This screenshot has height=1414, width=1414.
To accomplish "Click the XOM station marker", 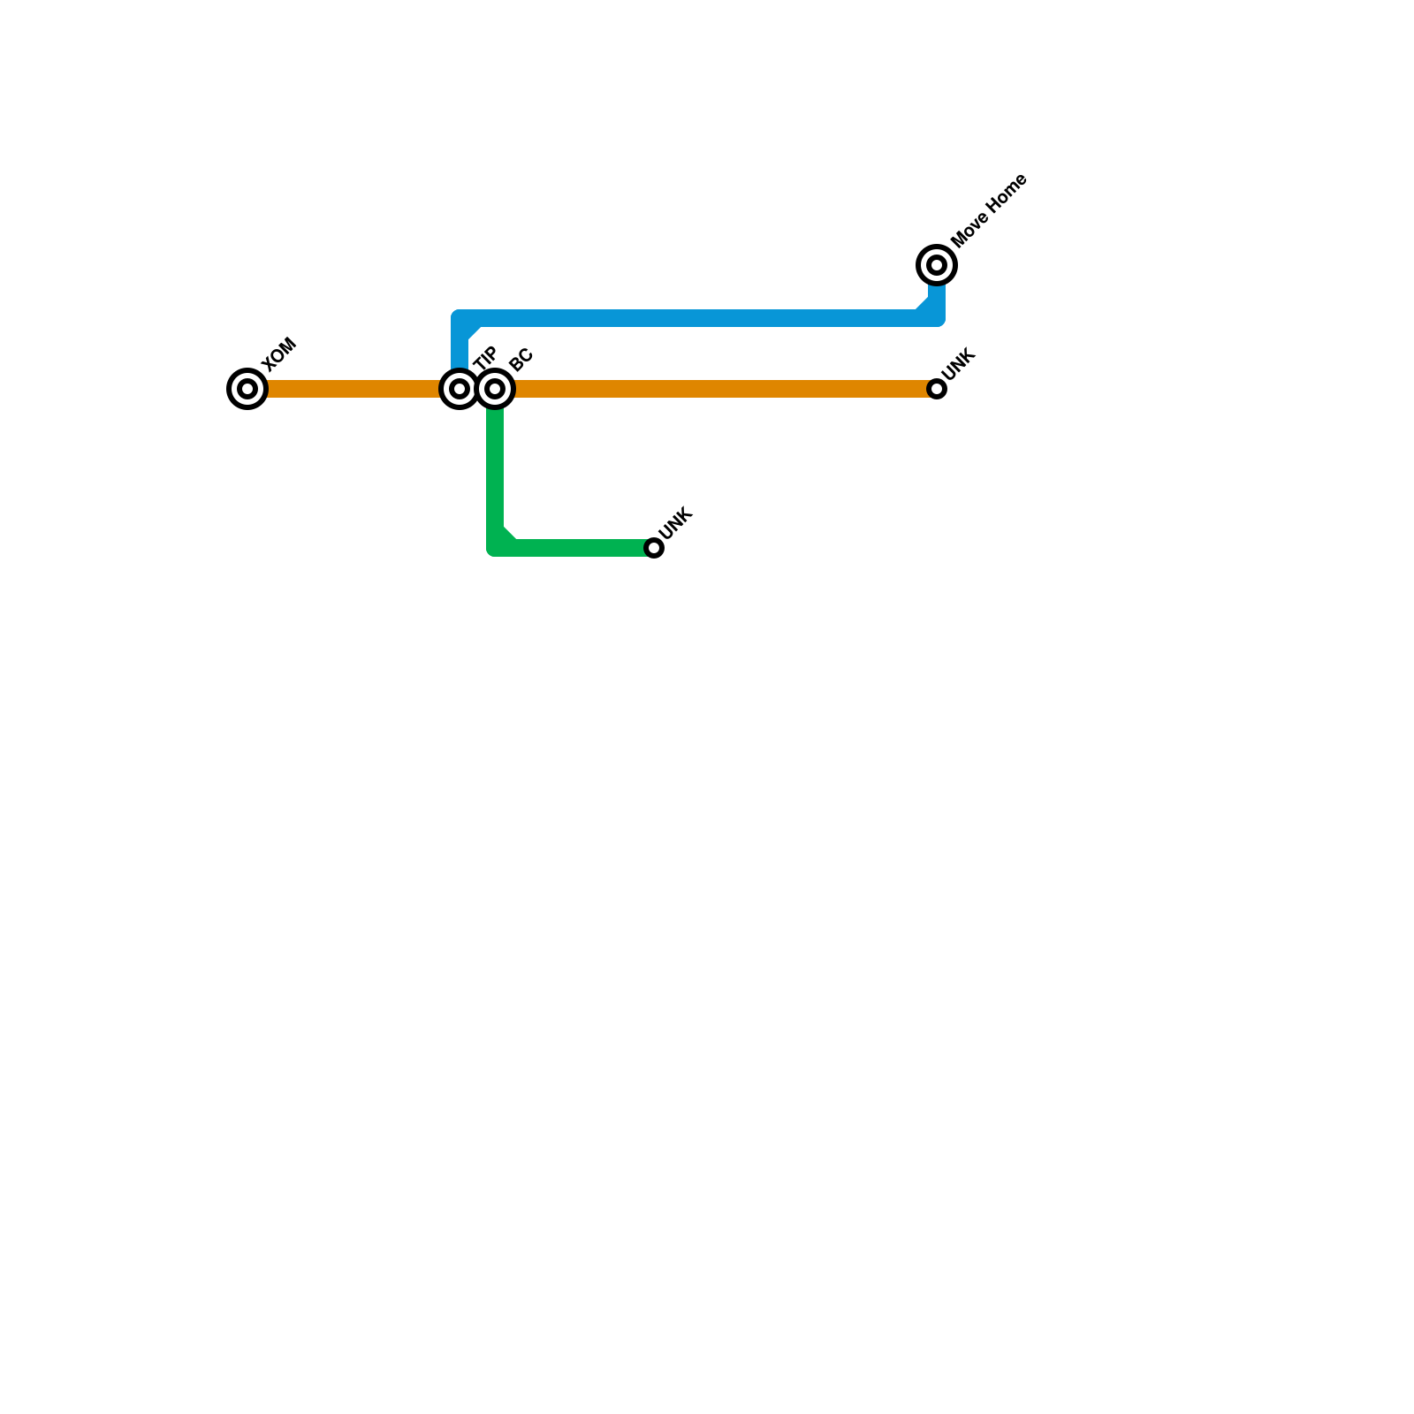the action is (x=247, y=389).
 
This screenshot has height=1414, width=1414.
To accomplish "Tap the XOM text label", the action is (x=279, y=354).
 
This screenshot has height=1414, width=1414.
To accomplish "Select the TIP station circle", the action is (x=460, y=389).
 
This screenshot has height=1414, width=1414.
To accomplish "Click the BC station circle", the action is (x=496, y=389).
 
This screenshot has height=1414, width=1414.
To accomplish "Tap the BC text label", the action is (x=521, y=360).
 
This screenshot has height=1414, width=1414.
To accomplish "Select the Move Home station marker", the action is (x=937, y=264).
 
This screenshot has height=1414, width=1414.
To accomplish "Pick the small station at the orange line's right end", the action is (x=937, y=389).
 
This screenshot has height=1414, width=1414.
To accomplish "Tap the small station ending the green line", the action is (x=654, y=548).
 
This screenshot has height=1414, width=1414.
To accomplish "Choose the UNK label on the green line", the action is (x=676, y=523).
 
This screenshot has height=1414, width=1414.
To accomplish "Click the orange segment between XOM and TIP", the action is (x=353, y=389).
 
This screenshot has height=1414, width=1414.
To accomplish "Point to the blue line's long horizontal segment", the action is (x=689, y=318).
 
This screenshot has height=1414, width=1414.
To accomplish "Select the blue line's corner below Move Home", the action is (x=935, y=316).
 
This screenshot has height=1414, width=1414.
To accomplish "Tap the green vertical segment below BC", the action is (x=496, y=468).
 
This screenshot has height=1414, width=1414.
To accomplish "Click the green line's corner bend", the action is (x=498, y=545).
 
